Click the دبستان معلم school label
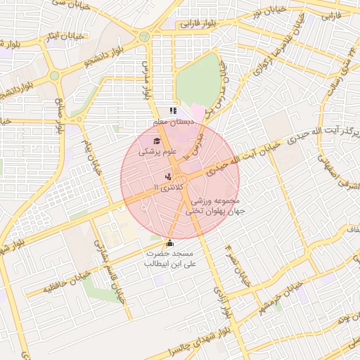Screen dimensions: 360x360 (x=174, y=122)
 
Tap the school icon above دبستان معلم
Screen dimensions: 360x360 (x=173, y=110)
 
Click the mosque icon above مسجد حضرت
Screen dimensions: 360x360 (x=169, y=243)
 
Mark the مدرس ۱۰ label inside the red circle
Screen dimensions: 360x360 (x=194, y=144)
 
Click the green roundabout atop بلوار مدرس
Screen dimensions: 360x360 (x=144, y=37)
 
